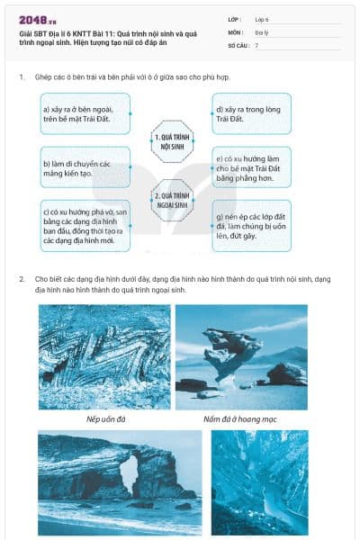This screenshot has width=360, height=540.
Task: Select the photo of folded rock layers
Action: tap(104, 356)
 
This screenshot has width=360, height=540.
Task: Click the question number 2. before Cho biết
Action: tap(22, 279)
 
